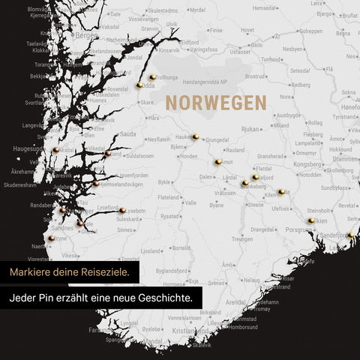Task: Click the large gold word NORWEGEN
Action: tap(216, 103)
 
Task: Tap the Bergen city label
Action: tap(87, 35)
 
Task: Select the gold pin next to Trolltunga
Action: tap(152, 76)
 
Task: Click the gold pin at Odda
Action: tap(139, 85)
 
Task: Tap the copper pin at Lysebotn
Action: tap(122, 211)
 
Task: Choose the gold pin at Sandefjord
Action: tap(349, 235)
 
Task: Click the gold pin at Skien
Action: tap(311, 220)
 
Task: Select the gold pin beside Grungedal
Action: tap(195, 136)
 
